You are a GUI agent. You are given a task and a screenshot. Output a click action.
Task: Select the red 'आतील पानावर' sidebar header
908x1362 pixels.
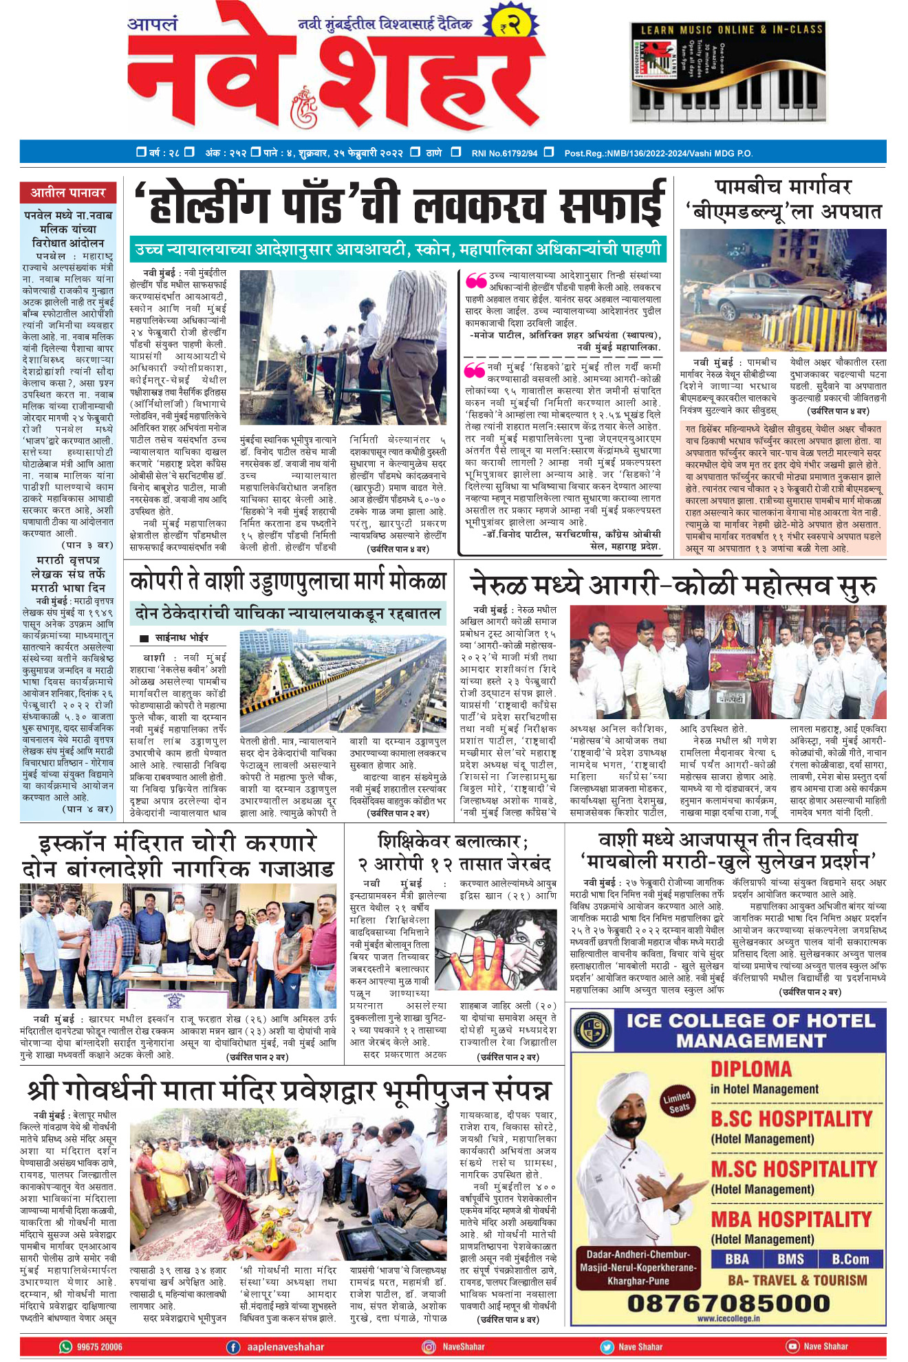pyautogui.click(x=67, y=193)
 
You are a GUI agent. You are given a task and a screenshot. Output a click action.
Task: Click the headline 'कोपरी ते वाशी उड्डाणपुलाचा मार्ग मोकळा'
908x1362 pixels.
pyautogui.click(x=288, y=582)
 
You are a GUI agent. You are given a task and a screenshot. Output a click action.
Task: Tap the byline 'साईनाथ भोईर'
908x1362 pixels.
pyautogui.click(x=181, y=637)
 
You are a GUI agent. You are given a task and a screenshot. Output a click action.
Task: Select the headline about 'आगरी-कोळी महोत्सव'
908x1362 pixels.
pyautogui.click(x=673, y=586)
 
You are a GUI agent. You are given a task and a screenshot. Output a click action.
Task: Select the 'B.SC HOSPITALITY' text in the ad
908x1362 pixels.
pyautogui.click(x=791, y=1119)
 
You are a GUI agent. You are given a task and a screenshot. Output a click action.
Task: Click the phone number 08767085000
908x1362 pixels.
pyautogui.click(x=728, y=1303)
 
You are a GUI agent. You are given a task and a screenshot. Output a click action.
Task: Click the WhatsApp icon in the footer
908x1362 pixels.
pyautogui.click(x=66, y=1347)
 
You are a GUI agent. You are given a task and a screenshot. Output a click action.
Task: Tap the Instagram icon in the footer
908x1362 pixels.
pyautogui.click(x=429, y=1347)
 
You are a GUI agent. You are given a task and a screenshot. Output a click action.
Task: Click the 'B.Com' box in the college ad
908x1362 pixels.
pyautogui.click(x=851, y=1259)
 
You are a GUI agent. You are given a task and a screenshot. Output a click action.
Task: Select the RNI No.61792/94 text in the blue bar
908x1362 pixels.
pyautogui.click(x=504, y=153)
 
